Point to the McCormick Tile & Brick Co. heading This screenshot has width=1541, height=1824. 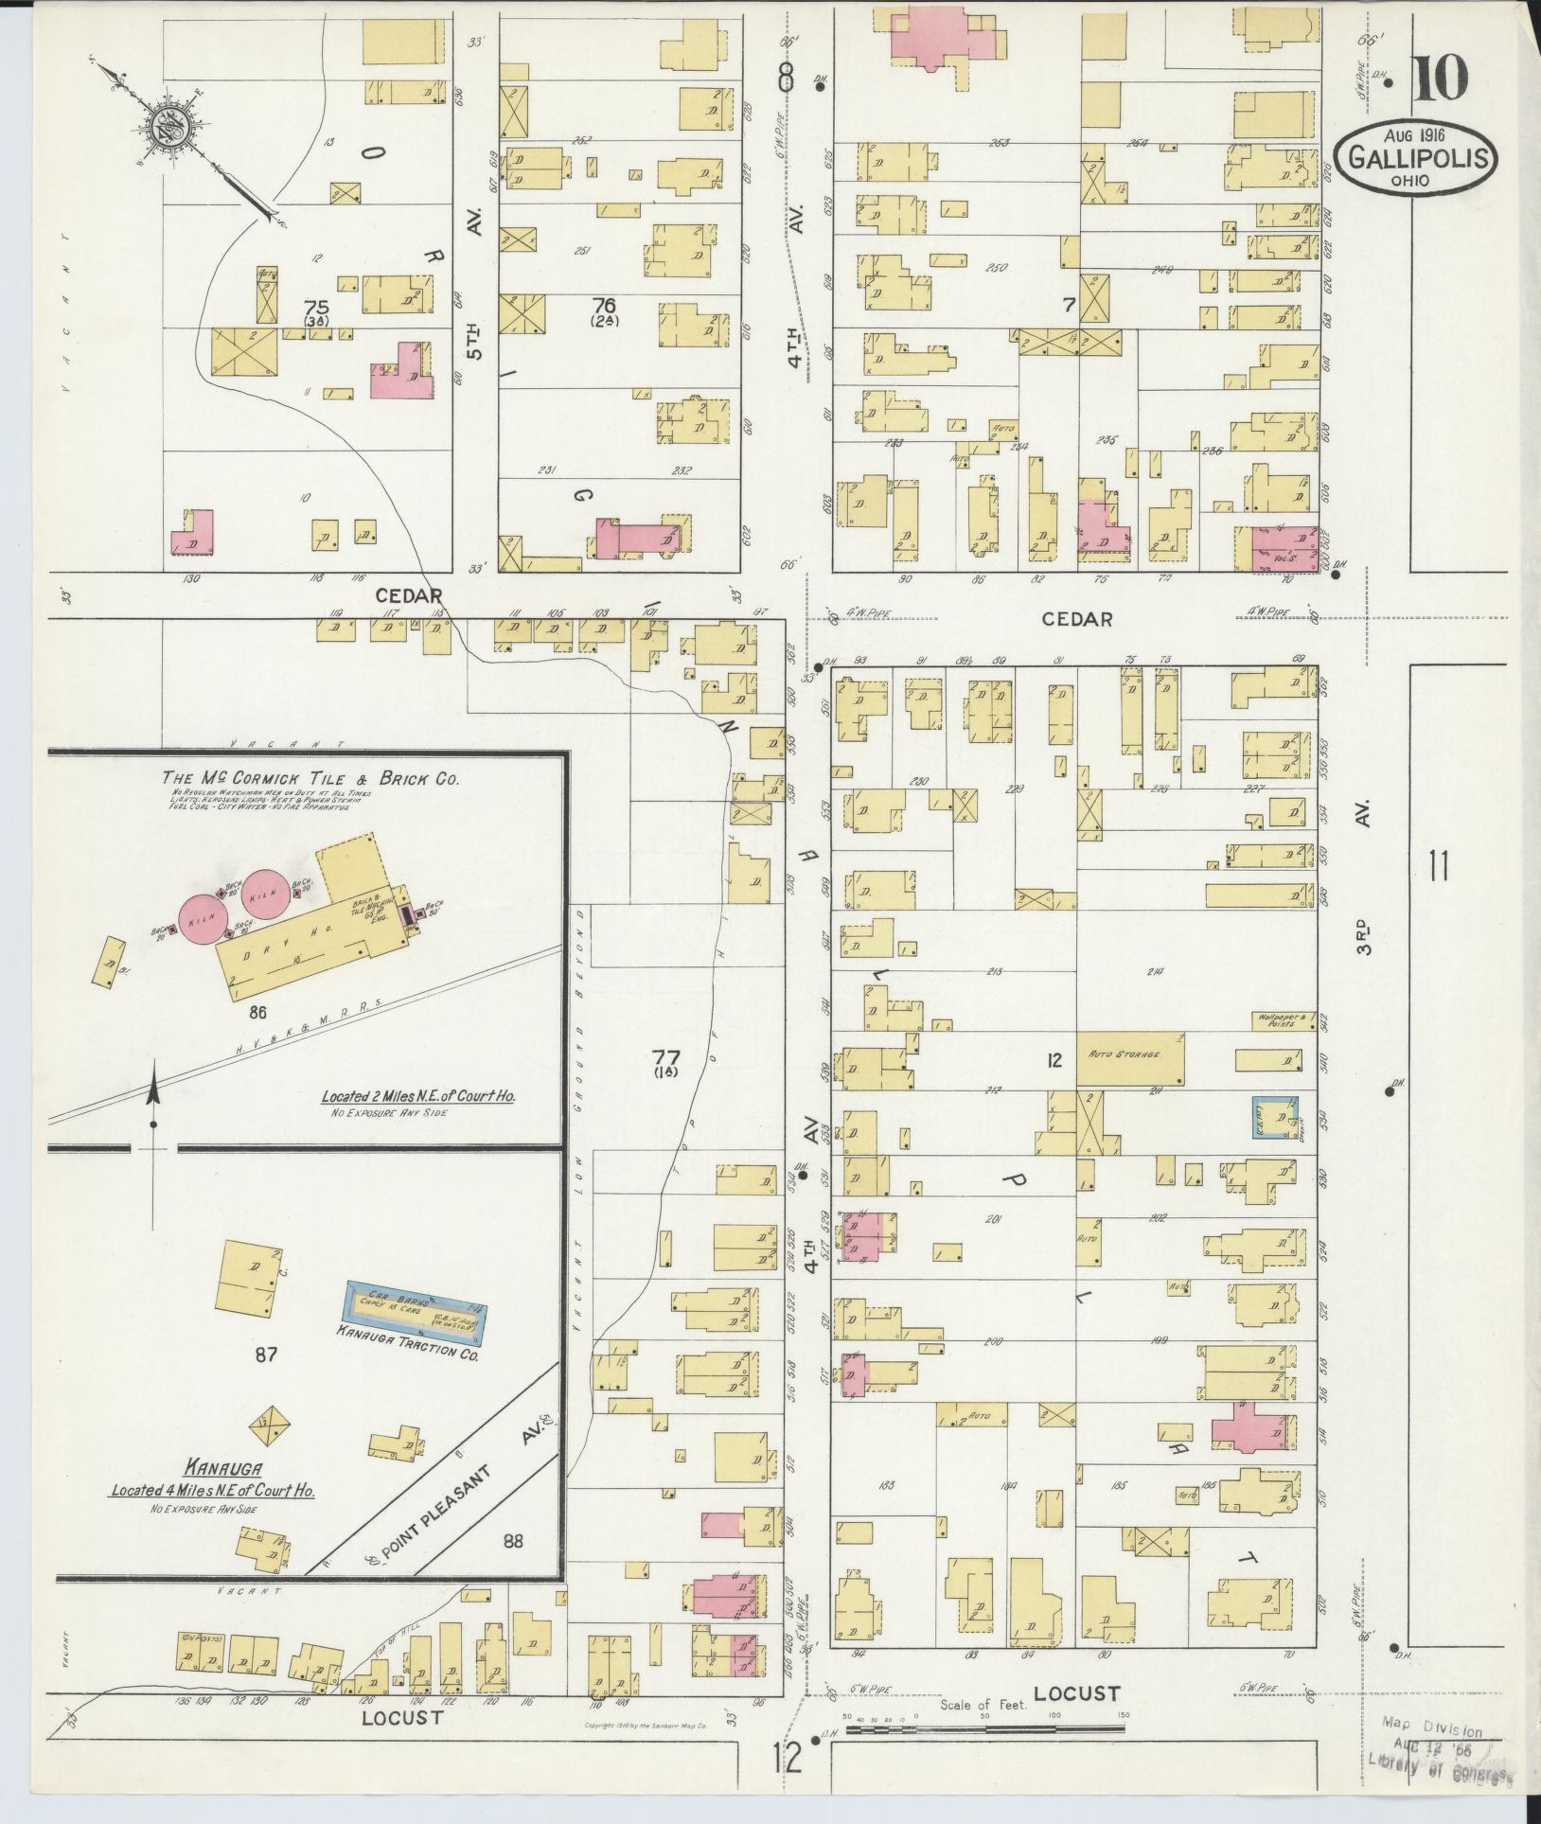click(x=310, y=779)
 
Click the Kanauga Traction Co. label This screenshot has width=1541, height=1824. click(x=407, y=1355)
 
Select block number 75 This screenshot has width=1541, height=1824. click(x=316, y=308)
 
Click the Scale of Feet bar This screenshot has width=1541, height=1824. click(x=984, y=1728)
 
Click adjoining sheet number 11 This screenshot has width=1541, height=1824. click(x=1439, y=866)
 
